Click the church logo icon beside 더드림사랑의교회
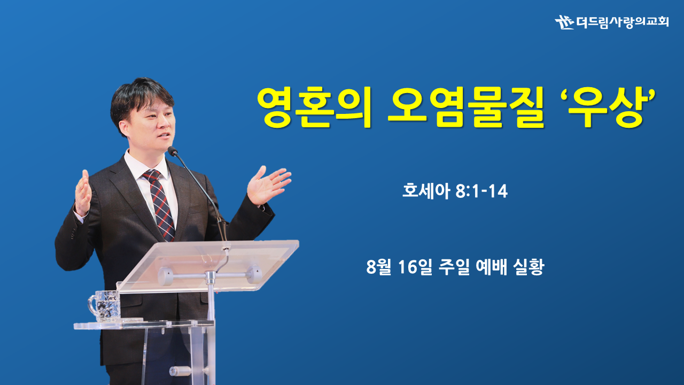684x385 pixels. [564, 22]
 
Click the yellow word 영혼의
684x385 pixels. [314, 107]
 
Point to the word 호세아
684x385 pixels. [426, 191]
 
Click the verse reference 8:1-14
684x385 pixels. [481, 191]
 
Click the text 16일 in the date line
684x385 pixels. [415, 267]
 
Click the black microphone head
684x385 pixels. [172, 151]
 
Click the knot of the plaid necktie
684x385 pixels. [151, 175]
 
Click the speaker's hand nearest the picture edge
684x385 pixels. [82, 192]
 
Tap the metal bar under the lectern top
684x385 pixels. [210, 275]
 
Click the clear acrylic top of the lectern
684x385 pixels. [208, 265]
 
